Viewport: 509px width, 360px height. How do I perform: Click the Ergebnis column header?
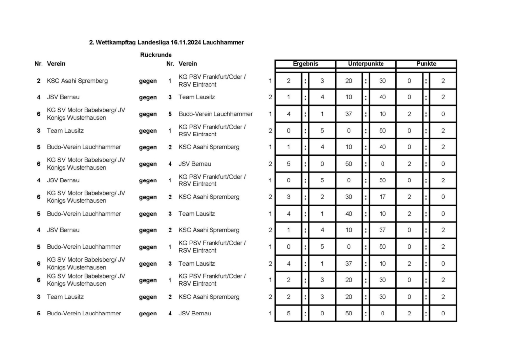tap(305, 64)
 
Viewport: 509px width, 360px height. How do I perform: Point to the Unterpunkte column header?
tap(366, 64)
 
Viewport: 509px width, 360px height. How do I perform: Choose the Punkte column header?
tap(426, 64)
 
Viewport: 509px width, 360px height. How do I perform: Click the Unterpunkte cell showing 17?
tap(382, 197)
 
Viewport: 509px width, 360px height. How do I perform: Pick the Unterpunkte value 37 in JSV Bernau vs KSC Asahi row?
tap(382, 230)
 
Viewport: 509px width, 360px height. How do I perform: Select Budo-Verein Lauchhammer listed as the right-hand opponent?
tap(215, 114)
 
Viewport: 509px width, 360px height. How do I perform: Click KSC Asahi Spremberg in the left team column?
tap(77, 81)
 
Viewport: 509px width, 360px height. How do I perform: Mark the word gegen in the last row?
tap(148, 314)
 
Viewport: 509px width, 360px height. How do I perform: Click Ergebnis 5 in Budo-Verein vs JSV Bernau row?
tap(289, 314)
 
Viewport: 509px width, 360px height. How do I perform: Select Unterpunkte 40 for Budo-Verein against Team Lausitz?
tap(349, 214)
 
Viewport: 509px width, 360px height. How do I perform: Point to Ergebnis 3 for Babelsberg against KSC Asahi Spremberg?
tap(289, 197)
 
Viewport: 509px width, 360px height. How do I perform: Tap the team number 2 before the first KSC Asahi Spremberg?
tap(39, 81)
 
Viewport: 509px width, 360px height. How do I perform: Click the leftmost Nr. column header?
tap(39, 64)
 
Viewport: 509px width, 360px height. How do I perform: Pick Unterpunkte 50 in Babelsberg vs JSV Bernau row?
tap(349, 164)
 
